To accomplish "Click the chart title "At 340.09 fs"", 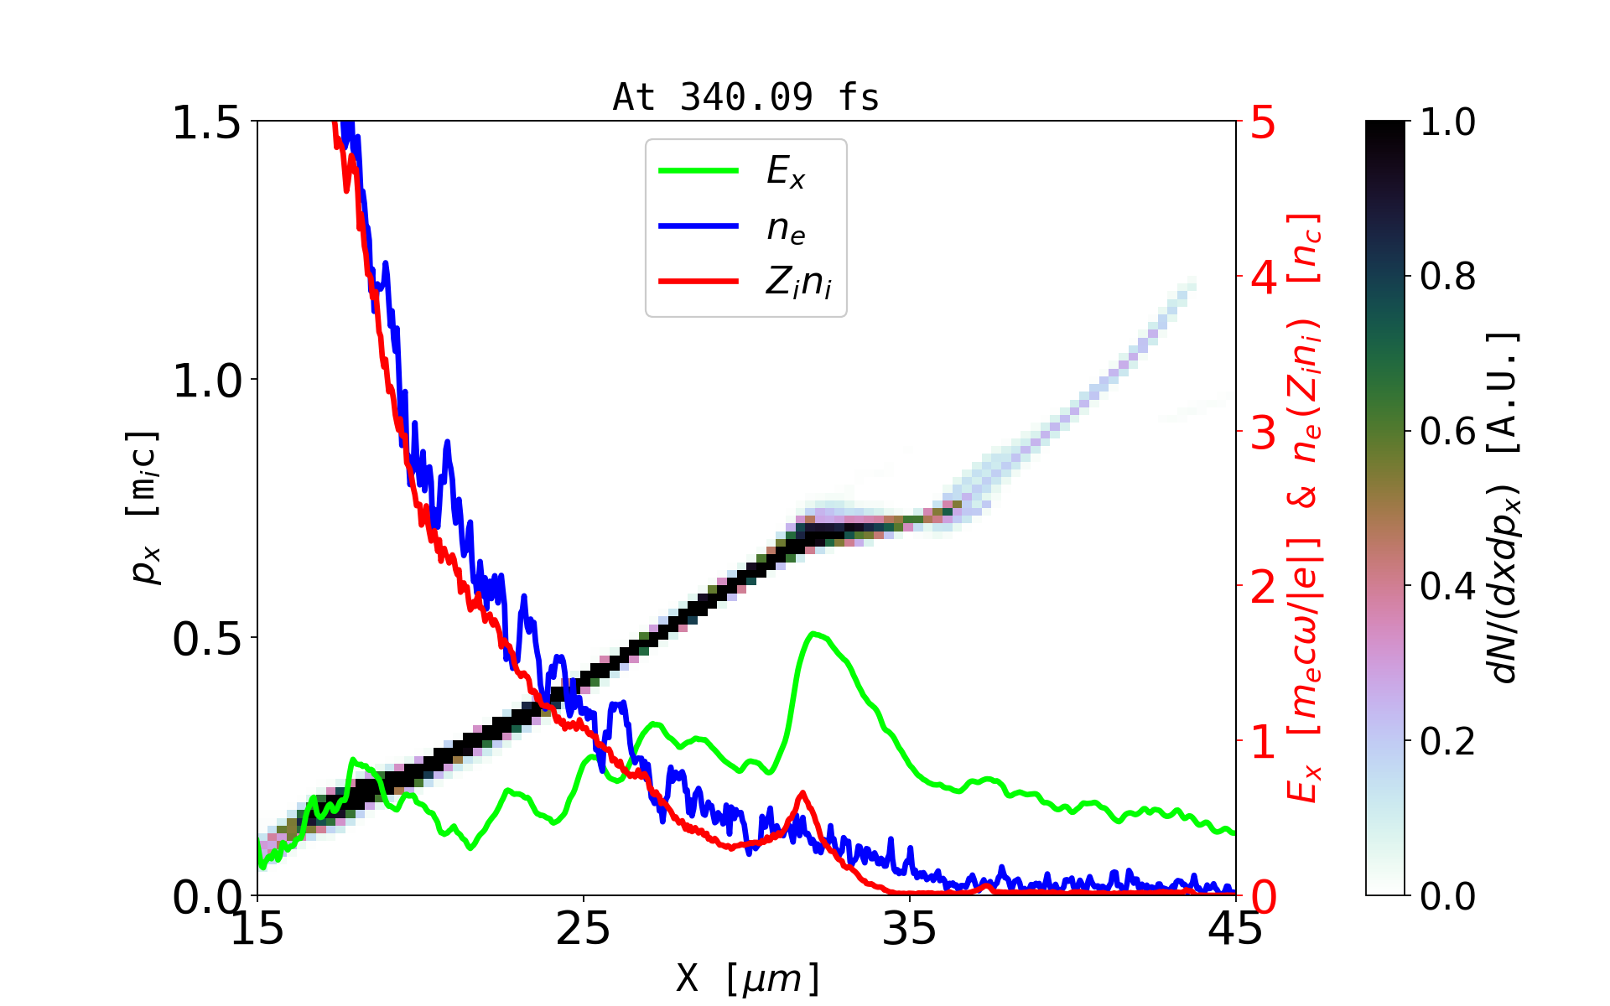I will (x=745, y=97).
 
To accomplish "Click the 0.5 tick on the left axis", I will (x=206, y=639).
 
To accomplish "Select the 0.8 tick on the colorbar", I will (x=1447, y=276).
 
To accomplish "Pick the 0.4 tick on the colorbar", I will (x=1447, y=586).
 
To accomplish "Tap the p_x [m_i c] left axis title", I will (x=144, y=507).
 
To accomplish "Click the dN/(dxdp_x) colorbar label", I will (x=1504, y=507).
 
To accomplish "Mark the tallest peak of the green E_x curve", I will (x=813, y=634).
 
